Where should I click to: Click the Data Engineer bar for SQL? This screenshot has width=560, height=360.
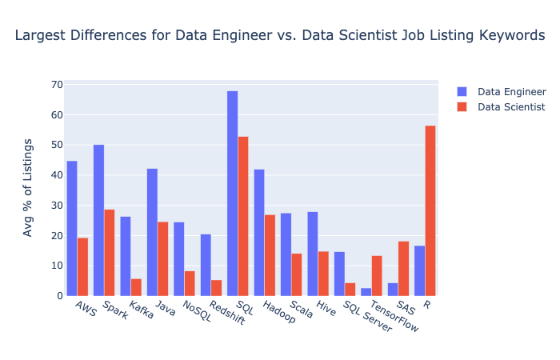(x=232, y=194)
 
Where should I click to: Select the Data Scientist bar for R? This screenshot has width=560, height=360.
(x=430, y=210)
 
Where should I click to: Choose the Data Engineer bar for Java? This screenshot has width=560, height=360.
(x=152, y=232)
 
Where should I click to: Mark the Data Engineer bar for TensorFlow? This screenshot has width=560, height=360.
(x=366, y=292)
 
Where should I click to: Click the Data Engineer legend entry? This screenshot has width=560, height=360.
(x=508, y=91)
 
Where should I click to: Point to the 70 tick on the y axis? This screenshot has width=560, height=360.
(x=57, y=85)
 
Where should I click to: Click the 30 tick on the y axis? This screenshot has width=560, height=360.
(x=57, y=206)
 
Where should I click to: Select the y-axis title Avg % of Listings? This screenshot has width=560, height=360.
(x=29, y=187)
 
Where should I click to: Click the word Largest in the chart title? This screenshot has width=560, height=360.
(x=39, y=35)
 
